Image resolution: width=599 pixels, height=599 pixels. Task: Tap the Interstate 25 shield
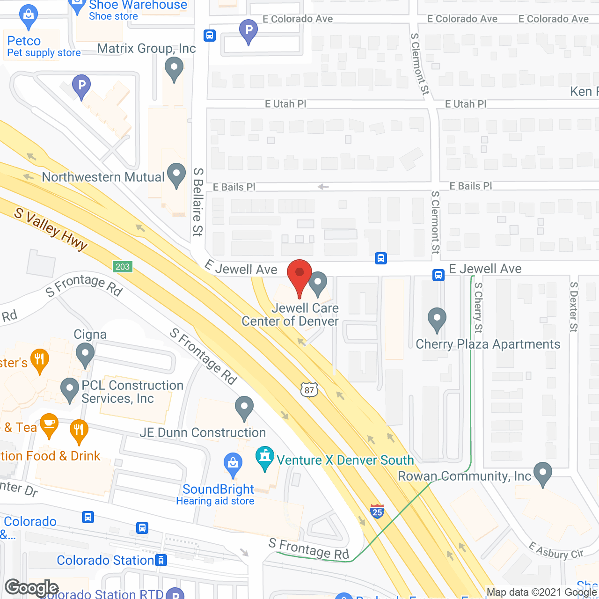[377, 511]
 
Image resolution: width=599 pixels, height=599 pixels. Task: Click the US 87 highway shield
[309, 390]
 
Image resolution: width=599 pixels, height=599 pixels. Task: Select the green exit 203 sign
[123, 267]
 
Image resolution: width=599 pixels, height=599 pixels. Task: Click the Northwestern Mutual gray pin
[176, 175]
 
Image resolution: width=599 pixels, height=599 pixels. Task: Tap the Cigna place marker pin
[85, 355]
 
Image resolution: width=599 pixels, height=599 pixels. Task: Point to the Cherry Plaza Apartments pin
[437, 320]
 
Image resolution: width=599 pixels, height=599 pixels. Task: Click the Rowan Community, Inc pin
[543, 474]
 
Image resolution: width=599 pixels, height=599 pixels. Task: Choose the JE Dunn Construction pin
[244, 408]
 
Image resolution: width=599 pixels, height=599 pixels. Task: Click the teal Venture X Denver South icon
[265, 458]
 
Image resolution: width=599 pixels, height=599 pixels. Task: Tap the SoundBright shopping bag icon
[233, 464]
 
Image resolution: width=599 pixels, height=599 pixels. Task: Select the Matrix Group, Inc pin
[174, 69]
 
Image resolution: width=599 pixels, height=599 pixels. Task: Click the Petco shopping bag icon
[29, 17]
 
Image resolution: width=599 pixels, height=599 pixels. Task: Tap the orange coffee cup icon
[49, 425]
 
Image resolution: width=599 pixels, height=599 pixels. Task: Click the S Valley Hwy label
[51, 229]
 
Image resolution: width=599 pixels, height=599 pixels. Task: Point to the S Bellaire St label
[198, 202]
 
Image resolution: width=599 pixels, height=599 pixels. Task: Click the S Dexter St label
[574, 307]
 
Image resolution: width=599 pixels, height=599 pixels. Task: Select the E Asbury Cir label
[555, 550]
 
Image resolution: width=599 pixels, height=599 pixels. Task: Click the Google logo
[31, 588]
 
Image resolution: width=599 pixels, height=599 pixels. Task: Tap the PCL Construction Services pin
[70, 390]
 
